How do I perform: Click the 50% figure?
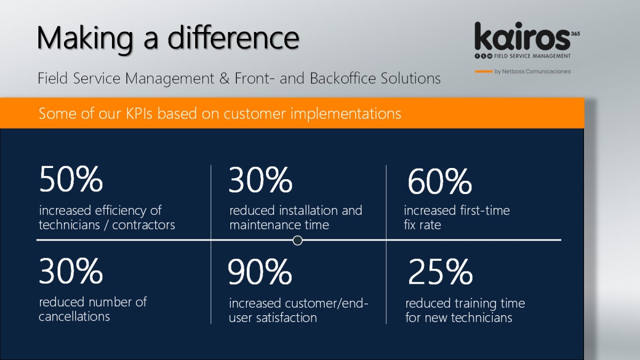point(71,179)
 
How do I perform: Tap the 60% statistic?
point(439,181)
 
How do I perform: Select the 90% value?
point(260,271)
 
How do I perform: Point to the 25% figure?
point(441,271)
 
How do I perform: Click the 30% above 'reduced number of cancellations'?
point(71,270)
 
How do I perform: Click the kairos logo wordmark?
point(522,37)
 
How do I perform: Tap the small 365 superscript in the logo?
point(575,34)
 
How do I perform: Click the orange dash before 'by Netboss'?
point(484,71)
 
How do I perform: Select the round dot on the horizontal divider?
point(298,241)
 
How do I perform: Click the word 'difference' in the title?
point(234,38)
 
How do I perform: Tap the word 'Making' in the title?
point(85,39)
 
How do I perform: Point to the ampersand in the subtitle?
point(225,78)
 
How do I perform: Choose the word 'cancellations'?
point(74,317)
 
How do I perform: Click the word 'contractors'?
point(143,225)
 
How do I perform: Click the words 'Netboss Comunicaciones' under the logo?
point(537,71)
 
